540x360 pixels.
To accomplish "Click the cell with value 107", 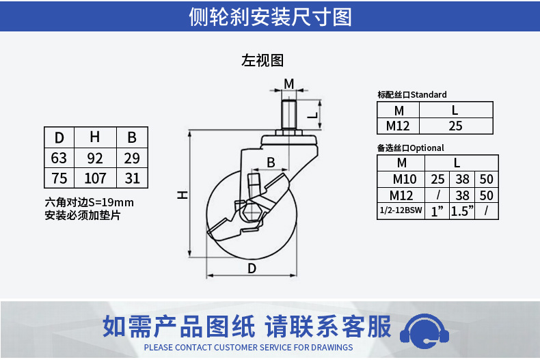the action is click(95, 178).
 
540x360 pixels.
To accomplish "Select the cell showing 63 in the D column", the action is click(59, 158).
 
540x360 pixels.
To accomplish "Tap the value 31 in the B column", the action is click(132, 178).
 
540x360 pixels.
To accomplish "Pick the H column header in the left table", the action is click(95, 137).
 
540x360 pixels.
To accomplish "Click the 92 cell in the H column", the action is click(95, 158).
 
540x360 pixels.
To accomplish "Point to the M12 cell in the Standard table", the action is click(398, 126).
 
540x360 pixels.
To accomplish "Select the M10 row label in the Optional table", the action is click(401, 179).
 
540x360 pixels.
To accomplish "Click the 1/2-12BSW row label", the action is click(401, 210).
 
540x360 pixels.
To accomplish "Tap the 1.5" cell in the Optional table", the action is click(462, 210).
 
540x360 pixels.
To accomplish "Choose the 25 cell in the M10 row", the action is click(437, 179).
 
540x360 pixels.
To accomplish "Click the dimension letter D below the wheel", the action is click(252, 268).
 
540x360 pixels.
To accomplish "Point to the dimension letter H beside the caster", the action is click(183, 195).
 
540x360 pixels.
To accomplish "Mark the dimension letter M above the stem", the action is click(288, 83).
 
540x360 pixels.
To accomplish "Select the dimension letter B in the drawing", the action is click(271, 163).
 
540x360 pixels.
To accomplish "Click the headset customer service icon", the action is click(424, 331).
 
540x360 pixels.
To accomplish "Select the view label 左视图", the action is click(262, 61).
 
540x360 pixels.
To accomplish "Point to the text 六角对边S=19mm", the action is click(89, 202).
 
